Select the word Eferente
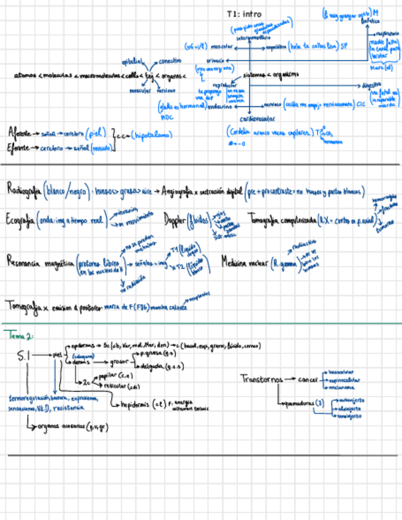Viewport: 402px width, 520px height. point(19,148)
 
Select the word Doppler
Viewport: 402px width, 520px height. point(176,219)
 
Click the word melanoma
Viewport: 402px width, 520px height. point(342,388)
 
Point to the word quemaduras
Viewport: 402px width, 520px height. point(298,403)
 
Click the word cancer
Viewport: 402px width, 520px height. point(308,380)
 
